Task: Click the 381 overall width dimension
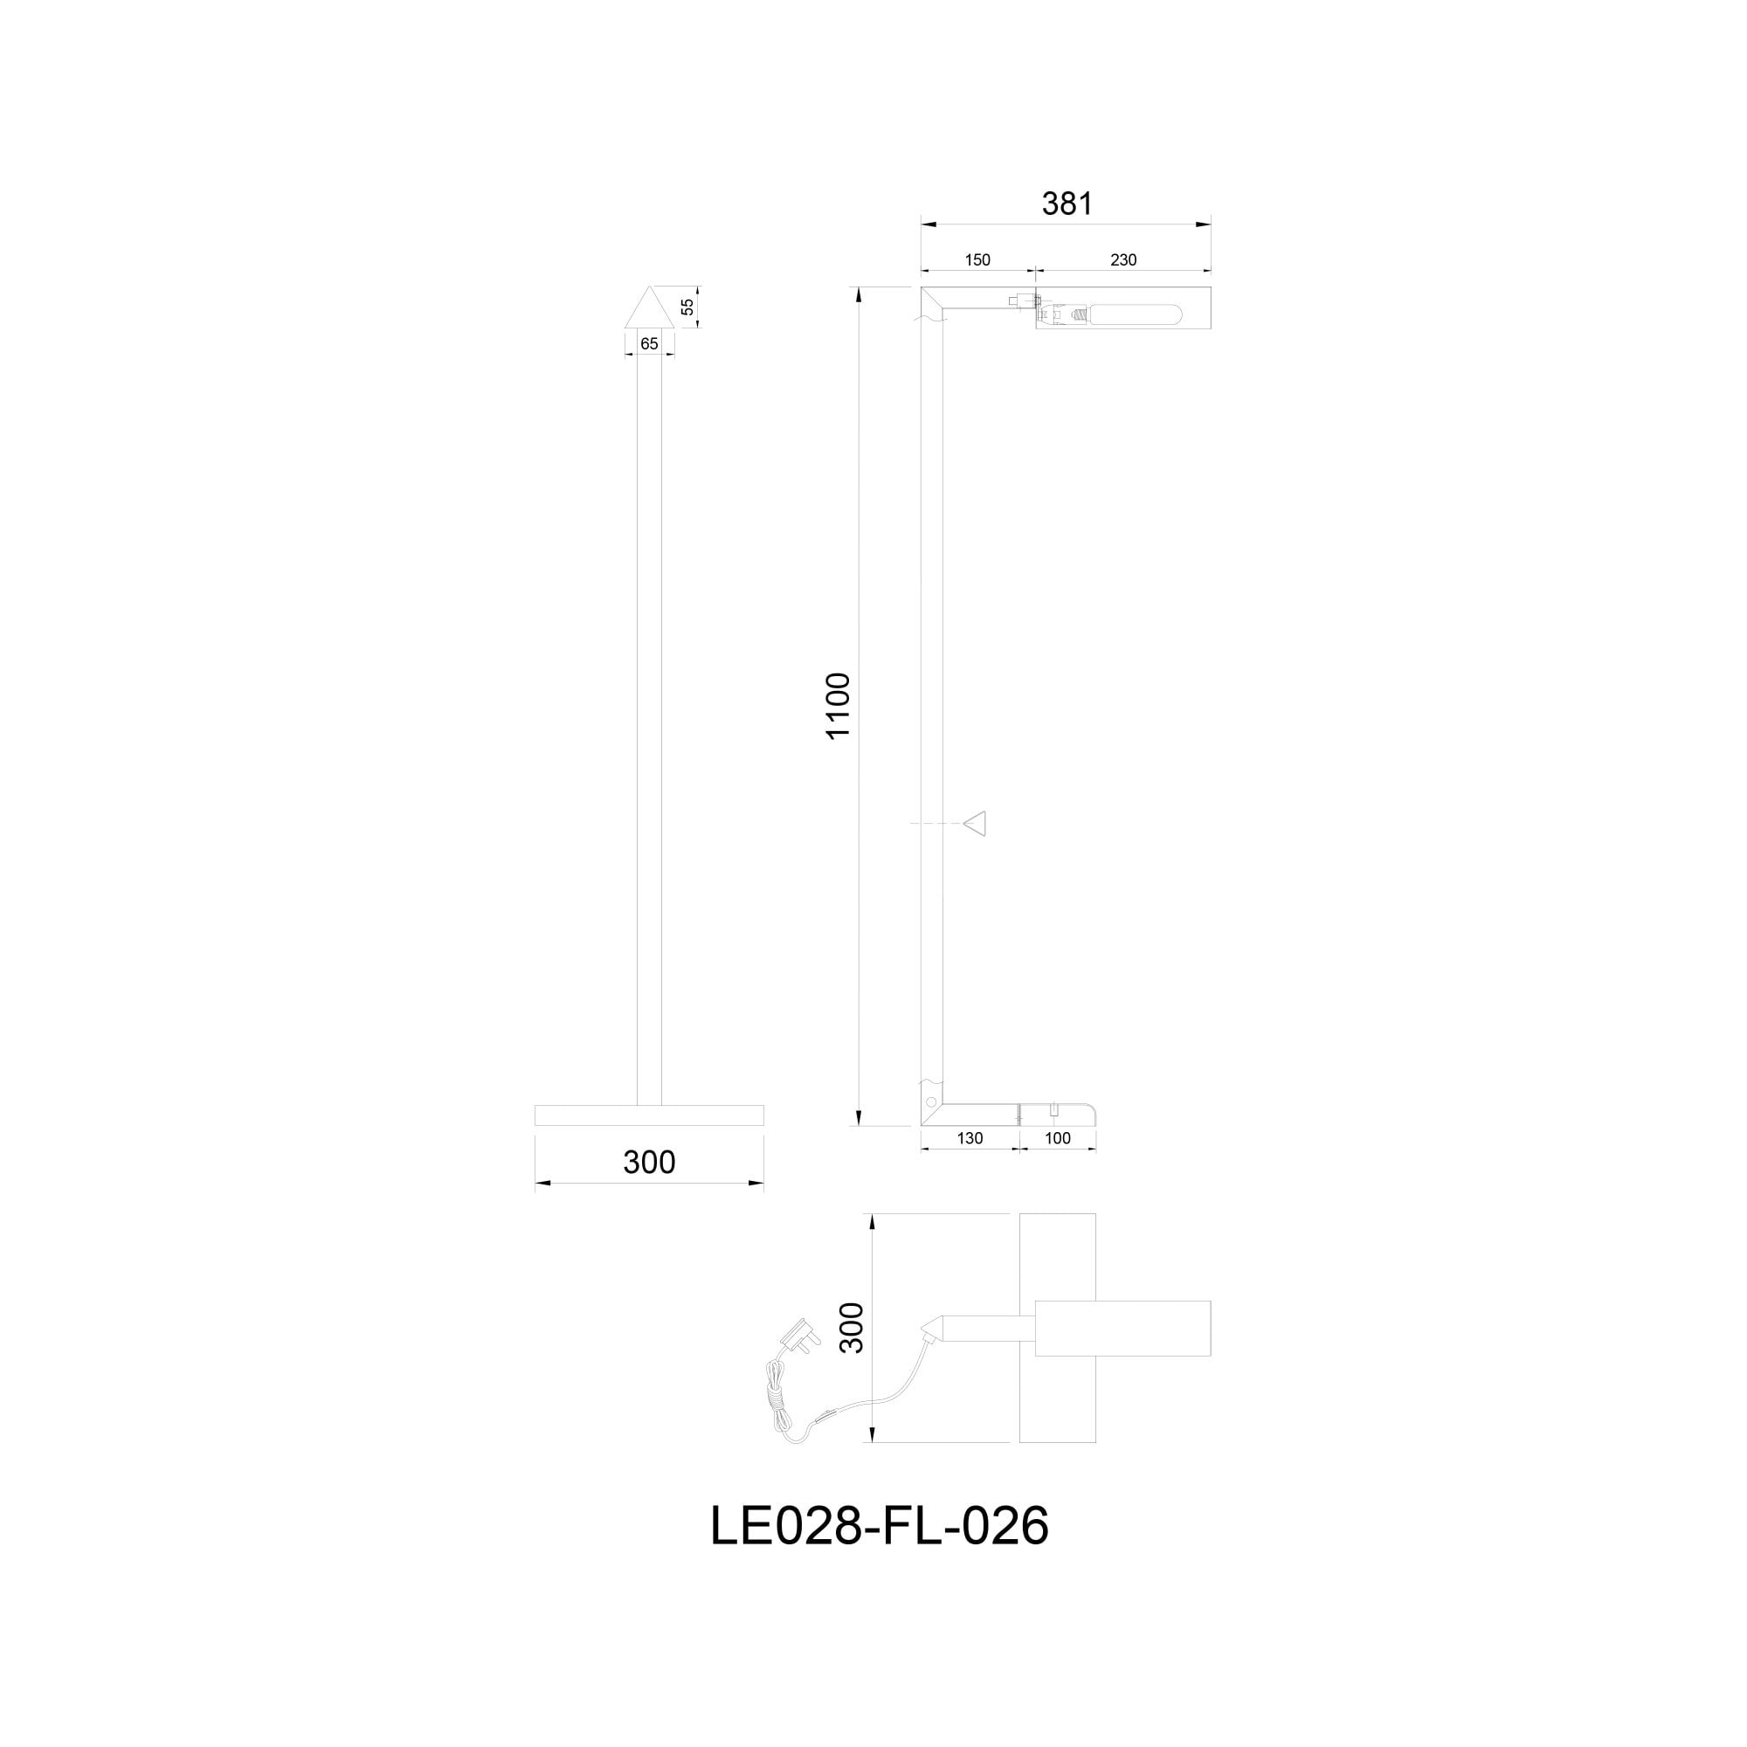coord(1067,204)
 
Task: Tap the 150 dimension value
coord(977,260)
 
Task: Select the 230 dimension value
coord(1123,260)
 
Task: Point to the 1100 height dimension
coord(839,706)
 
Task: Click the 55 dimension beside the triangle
coord(687,307)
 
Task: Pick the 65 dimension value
coord(649,343)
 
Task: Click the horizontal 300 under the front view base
coord(649,1163)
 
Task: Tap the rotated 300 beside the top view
coord(852,1329)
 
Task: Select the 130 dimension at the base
coord(970,1138)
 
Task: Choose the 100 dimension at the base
coord(1057,1138)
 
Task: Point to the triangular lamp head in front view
coord(649,307)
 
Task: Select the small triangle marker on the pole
coord(975,824)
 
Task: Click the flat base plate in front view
coord(649,1115)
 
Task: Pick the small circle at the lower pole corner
coord(930,1103)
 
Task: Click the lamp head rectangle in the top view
coord(1122,1329)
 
